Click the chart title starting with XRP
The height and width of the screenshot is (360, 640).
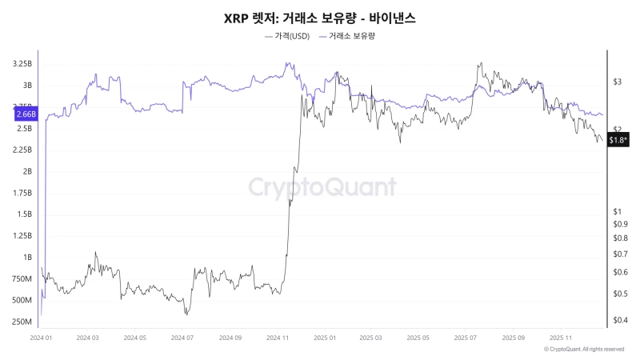coord(319,17)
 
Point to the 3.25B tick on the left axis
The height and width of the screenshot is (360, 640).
coord(22,63)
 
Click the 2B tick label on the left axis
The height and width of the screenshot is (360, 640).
coord(27,171)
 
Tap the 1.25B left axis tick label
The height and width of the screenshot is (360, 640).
coord(22,236)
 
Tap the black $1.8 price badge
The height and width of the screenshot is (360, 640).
coord(618,140)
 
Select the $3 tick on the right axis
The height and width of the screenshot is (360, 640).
coord(617,82)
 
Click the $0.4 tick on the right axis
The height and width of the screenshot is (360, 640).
coord(620,321)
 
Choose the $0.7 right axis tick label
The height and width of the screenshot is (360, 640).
coord(620,254)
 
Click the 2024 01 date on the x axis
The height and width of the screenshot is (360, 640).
coord(41,338)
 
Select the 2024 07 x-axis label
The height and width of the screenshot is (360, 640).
coord(182,338)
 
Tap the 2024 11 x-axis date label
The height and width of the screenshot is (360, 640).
coord(277,338)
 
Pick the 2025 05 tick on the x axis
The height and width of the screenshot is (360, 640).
coord(418,338)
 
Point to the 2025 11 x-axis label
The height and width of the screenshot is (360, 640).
coord(560,338)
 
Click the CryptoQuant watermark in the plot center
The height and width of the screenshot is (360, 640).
coord(321,187)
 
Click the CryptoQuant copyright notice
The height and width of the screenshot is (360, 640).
coord(583,350)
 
